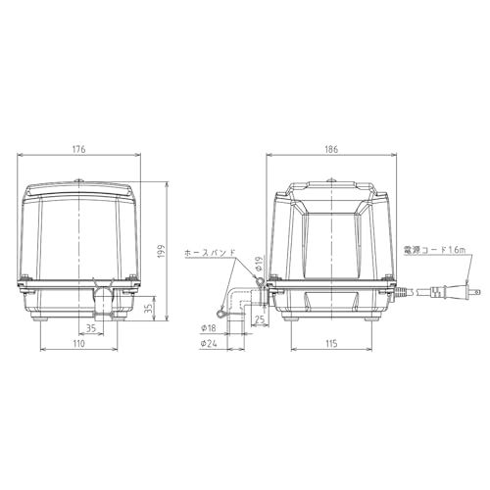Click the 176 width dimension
coord(79,149)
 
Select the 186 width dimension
coord(331,149)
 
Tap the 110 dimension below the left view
coord(79,345)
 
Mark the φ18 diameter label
coord(208,327)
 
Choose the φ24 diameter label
coord(208,344)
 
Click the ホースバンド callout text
coord(210,253)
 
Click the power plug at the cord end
coord(462,293)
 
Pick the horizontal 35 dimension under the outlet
coord(91,327)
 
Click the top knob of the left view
coord(79,179)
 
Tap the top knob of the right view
coord(331,179)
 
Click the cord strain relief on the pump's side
coord(401,290)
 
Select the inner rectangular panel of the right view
coord(331,245)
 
